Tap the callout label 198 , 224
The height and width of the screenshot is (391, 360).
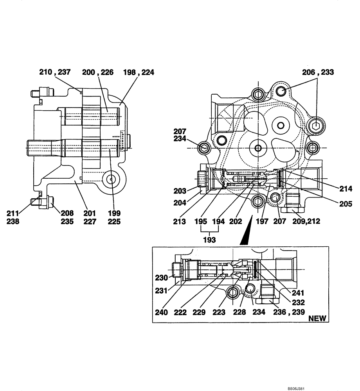(x=139, y=72)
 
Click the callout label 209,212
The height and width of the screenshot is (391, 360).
(x=306, y=221)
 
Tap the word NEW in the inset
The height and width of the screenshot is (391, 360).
(x=317, y=318)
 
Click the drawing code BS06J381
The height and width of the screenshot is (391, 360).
(x=296, y=389)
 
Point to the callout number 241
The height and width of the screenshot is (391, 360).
(x=298, y=292)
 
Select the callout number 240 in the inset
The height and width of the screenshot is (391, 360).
(x=161, y=312)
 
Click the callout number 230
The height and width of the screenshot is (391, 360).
(x=161, y=278)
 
